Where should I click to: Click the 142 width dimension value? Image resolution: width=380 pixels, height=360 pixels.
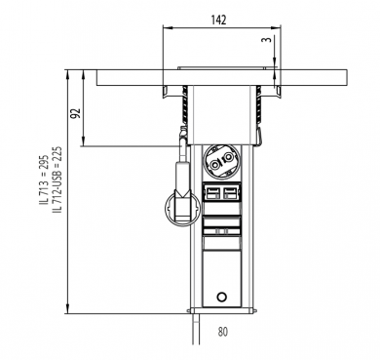pyautogui.click(x=218, y=20)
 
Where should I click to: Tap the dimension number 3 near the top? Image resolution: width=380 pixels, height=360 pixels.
pyautogui.click(x=267, y=40)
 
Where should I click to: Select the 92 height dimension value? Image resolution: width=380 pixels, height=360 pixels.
pyautogui.click(x=76, y=113)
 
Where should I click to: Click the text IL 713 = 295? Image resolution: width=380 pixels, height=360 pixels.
pyautogui.click(x=44, y=180)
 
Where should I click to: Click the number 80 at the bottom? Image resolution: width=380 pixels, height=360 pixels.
pyautogui.click(x=223, y=332)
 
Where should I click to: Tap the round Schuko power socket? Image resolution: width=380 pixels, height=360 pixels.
pyautogui.click(x=221, y=162)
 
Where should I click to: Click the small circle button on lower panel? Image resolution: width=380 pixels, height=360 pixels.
pyautogui.click(x=222, y=297)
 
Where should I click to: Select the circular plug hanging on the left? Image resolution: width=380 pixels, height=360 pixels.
pyautogui.click(x=182, y=209)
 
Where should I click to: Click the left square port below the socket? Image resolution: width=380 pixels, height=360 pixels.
pyautogui.click(x=212, y=192)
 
